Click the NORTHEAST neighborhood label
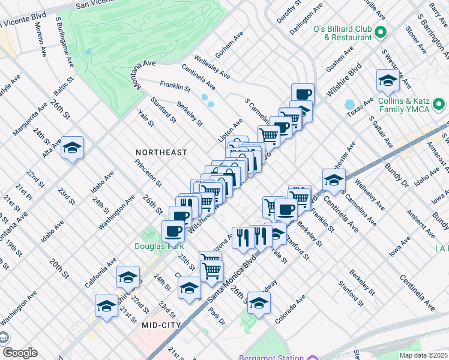click(x=161, y=153)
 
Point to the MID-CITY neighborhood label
click(x=161, y=325)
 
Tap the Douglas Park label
click(x=155, y=245)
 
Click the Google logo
click(x=20, y=353)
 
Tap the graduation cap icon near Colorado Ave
click(x=259, y=304)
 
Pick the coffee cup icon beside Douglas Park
click(x=173, y=231)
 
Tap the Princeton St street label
click(x=148, y=172)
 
